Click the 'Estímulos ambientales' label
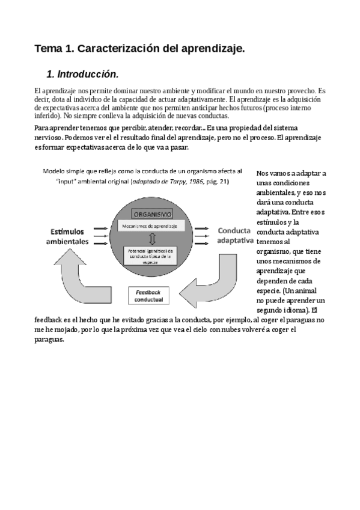68,236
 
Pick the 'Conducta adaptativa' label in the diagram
234,235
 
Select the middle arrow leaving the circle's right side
201,236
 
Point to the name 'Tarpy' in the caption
173,181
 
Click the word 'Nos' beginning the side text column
263,173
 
